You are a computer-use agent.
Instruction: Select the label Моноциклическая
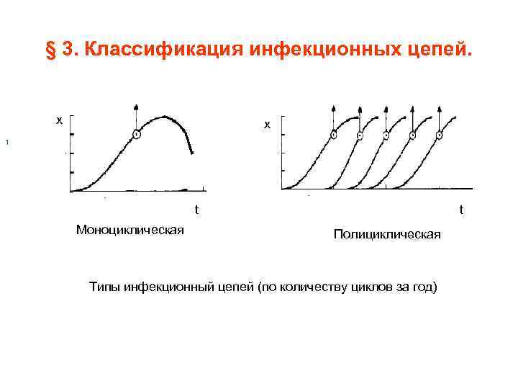(129, 230)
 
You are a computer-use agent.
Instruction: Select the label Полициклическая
(387, 236)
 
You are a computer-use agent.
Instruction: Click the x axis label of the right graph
(267, 125)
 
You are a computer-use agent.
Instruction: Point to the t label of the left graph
(196, 210)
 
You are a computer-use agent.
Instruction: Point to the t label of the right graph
(461, 210)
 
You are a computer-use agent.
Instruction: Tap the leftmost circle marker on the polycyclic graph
(333, 135)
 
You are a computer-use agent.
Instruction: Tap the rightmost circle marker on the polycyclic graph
(439, 135)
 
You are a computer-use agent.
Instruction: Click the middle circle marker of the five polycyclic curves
(386, 135)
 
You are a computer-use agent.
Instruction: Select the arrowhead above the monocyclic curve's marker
(137, 106)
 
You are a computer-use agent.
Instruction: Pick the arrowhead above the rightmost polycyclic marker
(439, 106)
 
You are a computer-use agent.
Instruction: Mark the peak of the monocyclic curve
(165, 116)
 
